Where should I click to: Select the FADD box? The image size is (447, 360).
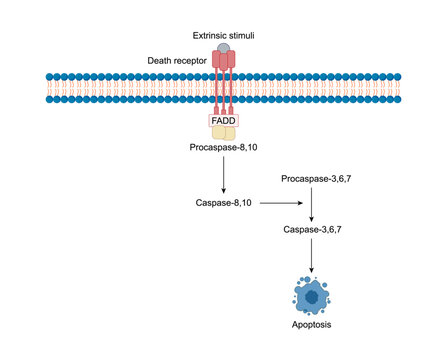223,120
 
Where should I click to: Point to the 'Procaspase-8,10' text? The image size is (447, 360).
223,147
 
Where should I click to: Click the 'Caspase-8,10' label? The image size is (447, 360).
224,203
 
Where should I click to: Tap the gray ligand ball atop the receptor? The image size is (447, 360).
223,47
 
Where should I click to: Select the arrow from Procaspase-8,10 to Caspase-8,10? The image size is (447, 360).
223,175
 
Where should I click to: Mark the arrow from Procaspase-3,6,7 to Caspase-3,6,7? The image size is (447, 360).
315,203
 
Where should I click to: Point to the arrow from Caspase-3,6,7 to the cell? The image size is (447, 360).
315,255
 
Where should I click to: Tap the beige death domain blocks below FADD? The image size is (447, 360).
223,133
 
